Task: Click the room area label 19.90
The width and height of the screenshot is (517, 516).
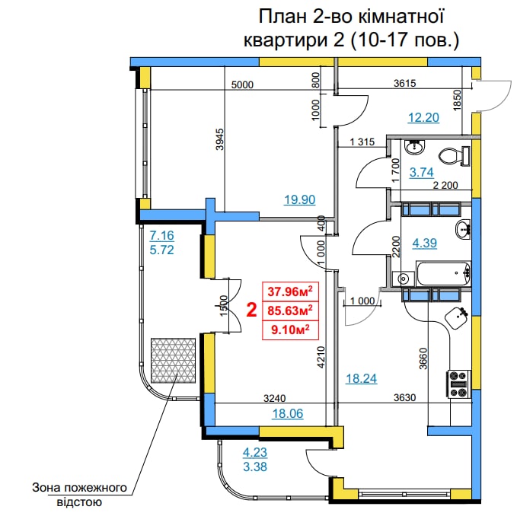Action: (300, 199)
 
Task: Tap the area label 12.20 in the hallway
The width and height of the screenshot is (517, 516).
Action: (423, 118)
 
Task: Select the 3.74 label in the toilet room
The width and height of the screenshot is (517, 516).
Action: (421, 172)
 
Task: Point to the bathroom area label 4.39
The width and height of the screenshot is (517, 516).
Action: (425, 244)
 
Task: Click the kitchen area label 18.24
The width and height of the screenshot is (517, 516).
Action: (362, 378)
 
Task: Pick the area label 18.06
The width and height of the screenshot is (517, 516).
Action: (288, 413)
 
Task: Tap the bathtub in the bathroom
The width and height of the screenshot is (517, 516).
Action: (443, 273)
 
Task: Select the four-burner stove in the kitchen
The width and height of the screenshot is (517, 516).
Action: (458, 384)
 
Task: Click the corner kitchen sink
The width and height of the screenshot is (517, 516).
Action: (457, 317)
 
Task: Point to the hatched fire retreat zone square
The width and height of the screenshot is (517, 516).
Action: (173, 360)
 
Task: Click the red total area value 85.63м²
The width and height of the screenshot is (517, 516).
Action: (290, 311)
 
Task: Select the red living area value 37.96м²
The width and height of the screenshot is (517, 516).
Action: (290, 291)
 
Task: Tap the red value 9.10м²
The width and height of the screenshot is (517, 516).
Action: (290, 330)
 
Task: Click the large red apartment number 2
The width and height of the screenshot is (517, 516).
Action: (251, 310)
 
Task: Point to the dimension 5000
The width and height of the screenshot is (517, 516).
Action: (242, 85)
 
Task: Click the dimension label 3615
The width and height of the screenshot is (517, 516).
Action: (405, 84)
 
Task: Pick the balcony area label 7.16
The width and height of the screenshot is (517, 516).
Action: (161, 236)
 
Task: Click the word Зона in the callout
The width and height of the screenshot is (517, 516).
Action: (46, 488)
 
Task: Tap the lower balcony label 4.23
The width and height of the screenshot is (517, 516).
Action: (255, 452)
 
